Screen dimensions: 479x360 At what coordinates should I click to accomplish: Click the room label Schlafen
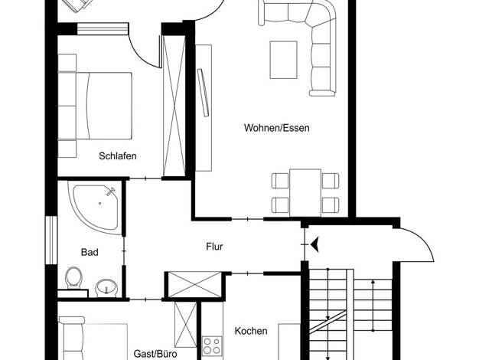[118, 156]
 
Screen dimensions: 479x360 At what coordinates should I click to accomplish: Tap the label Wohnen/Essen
[277, 128]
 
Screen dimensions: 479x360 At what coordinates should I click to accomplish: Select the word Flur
[214, 246]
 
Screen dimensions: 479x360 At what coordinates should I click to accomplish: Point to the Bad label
[90, 252]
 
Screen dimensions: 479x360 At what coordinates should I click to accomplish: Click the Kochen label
[251, 331]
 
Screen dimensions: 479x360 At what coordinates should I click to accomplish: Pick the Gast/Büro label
[155, 354]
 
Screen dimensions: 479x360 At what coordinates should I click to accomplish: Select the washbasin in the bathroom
[106, 288]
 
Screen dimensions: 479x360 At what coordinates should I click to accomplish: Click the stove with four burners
[212, 345]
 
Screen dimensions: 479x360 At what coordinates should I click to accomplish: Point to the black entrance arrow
[314, 244]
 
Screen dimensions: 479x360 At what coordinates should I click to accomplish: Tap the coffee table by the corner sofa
[283, 60]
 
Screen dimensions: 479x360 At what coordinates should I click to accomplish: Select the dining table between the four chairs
[305, 193]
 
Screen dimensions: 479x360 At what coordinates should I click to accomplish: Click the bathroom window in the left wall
[51, 240]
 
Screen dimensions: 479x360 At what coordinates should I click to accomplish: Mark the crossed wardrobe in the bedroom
[174, 106]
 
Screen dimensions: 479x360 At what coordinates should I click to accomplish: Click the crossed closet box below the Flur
[195, 284]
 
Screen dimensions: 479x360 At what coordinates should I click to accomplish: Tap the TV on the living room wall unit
[203, 93]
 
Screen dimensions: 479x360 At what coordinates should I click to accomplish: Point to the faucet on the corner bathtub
[111, 191]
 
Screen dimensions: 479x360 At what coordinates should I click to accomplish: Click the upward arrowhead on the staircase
[373, 282]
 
